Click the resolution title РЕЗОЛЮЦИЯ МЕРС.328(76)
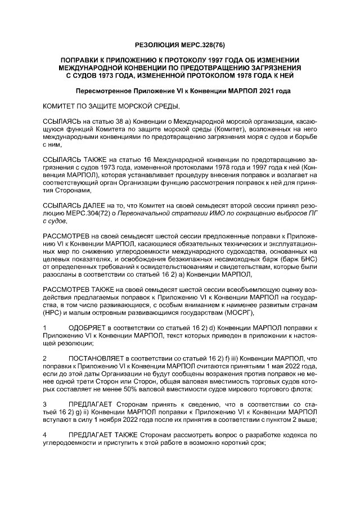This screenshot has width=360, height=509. pyautogui.click(x=180, y=43)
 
